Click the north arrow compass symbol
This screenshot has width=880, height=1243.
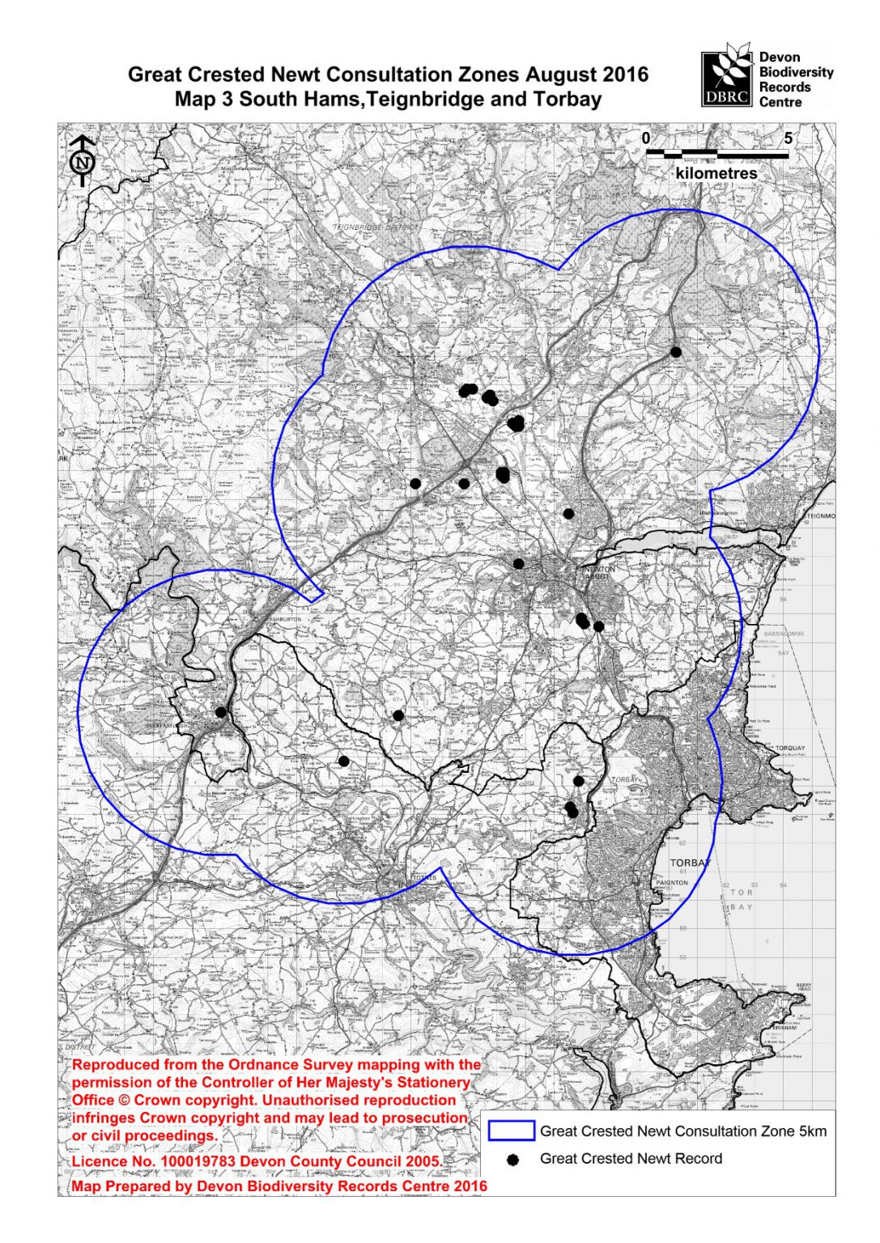click(x=83, y=161)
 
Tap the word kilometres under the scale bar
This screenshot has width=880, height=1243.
click(x=716, y=174)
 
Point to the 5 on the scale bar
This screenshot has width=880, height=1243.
click(x=788, y=138)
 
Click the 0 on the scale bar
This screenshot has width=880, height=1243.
click(x=646, y=138)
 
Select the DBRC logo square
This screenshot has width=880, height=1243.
click(x=728, y=79)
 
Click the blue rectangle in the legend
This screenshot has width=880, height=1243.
click(x=511, y=1131)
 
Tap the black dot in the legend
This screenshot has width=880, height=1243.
click(x=512, y=1160)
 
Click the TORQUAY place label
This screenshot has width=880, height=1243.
click(x=790, y=748)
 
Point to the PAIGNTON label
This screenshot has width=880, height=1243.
click(x=672, y=883)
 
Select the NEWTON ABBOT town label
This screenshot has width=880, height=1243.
click(x=599, y=573)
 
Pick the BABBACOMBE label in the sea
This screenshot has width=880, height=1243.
click(x=781, y=634)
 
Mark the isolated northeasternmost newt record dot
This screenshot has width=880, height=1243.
click(x=675, y=351)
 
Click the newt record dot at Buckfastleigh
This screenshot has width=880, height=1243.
click(x=220, y=712)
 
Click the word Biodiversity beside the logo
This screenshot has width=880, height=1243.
click(x=796, y=72)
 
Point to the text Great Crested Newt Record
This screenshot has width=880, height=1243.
click(x=631, y=1159)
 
